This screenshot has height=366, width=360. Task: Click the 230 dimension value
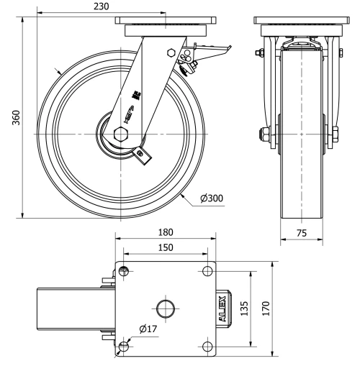coord(102,6)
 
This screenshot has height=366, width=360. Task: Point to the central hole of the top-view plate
coord(166,308)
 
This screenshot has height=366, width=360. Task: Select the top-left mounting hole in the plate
coord(124,271)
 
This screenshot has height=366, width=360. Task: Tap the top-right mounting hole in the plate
coord(207,271)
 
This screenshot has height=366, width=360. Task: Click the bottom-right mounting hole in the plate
coord(207,347)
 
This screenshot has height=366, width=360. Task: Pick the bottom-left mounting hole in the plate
coord(124,347)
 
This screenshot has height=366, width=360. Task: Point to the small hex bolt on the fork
coord(171,53)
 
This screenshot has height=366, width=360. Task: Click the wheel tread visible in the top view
coord(72,308)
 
